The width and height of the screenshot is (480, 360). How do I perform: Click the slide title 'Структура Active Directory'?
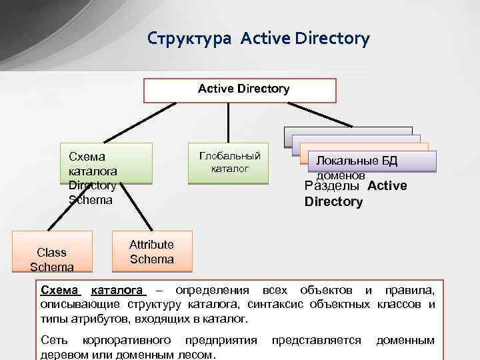coord(258,39)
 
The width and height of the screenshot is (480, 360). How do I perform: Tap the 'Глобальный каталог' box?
coord(229,163)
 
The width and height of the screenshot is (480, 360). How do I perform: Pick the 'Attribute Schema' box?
coord(152,252)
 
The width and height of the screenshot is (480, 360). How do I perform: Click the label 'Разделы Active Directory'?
coord(355,194)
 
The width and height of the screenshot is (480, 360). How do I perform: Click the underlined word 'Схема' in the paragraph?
coord(59,290)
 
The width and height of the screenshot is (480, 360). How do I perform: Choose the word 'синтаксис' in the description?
coord(273,304)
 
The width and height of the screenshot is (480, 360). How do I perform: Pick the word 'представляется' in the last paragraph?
coord(316,340)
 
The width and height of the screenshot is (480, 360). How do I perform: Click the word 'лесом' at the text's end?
coord(193,354)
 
